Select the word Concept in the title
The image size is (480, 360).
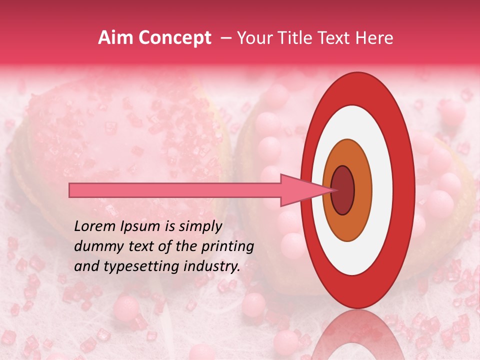pos(175,38)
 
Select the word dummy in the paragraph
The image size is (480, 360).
pos(93,246)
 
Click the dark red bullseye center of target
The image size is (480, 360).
pos(343,190)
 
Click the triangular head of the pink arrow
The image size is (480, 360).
pos(300,190)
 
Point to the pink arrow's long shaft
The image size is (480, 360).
pos(175,190)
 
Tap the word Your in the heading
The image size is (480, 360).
pos(253,38)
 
